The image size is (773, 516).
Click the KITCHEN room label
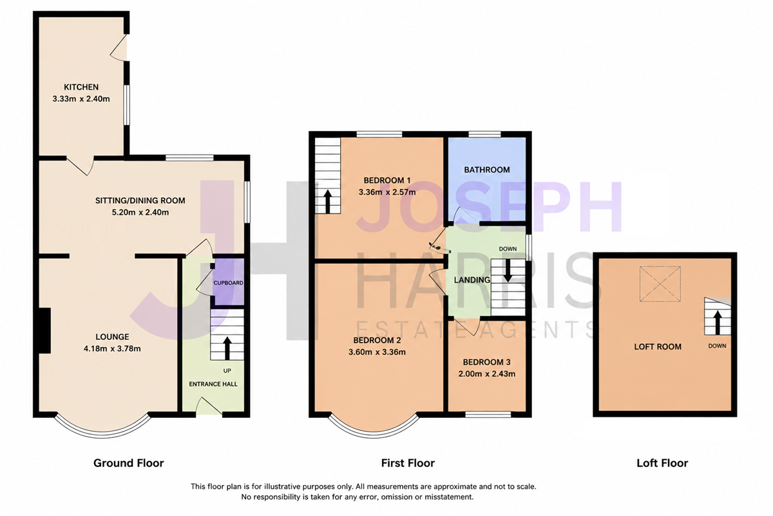81,87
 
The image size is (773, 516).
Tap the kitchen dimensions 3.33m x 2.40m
81,99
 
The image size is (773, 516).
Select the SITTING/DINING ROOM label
140,201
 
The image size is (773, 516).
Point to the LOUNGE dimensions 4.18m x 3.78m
112,349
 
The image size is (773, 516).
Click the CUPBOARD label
228,283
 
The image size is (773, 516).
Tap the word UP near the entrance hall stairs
227,371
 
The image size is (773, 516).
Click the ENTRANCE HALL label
213,384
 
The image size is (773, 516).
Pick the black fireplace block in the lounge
44,330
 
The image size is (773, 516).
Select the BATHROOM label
487,170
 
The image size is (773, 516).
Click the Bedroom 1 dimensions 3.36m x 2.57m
387,192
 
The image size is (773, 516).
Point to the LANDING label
472,280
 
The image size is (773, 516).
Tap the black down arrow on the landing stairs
508,270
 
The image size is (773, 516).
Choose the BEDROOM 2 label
377,341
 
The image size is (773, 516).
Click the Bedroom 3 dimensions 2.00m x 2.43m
487,374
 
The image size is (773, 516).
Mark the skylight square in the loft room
660,284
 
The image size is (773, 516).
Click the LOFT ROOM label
658,346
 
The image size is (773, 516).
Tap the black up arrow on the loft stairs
718,322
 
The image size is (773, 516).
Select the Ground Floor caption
129,463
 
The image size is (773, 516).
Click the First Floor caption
408,463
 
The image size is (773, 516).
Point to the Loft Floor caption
662,463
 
